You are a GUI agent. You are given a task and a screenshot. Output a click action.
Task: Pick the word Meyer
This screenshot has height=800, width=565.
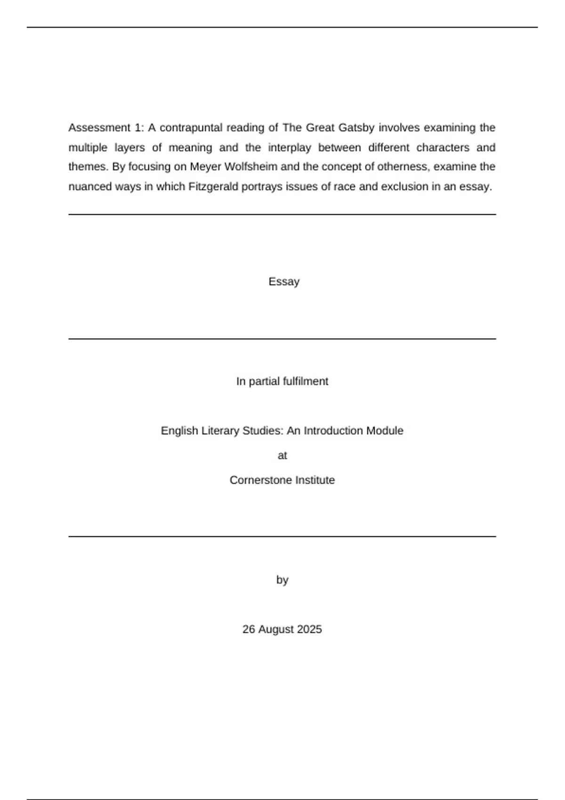click(x=205, y=167)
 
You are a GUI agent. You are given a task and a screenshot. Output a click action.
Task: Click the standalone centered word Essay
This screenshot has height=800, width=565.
click(x=284, y=282)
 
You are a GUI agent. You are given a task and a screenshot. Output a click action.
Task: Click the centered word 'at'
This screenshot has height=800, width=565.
click(x=282, y=456)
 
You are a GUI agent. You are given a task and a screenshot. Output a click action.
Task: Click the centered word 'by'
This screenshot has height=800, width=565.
click(x=282, y=580)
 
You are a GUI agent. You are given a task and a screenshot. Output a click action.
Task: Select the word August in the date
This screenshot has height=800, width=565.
click(x=276, y=630)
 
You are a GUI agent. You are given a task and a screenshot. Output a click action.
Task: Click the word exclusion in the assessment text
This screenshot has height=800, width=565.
click(x=404, y=187)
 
